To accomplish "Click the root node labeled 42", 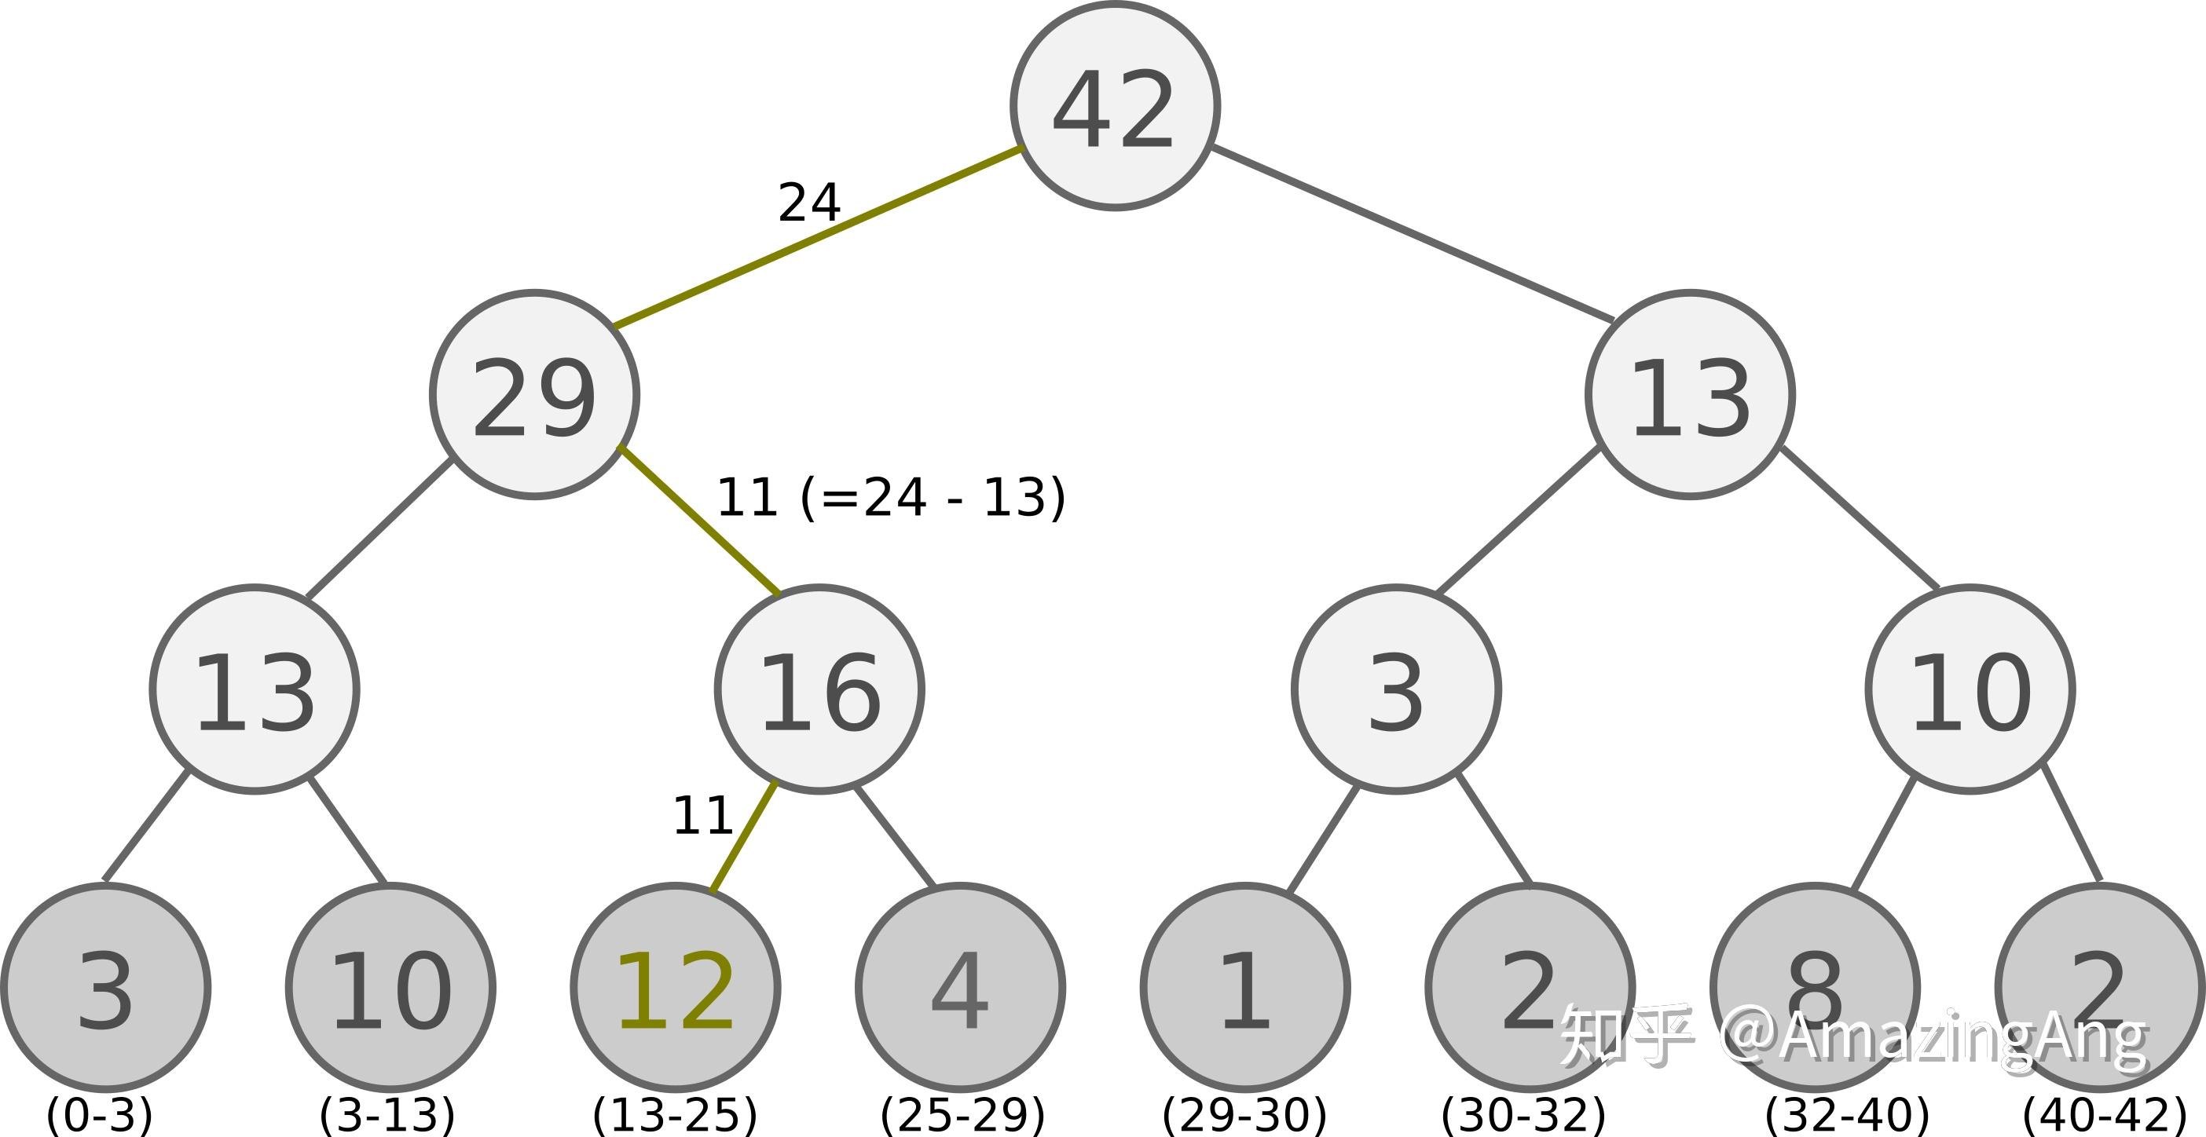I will point(1114,106).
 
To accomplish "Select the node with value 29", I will point(534,395).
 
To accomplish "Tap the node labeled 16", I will point(819,690).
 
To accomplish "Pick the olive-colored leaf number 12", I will point(675,988).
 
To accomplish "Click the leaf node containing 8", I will point(1815,988).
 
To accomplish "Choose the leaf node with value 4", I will point(960,988).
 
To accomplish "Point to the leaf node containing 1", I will point(1245,988).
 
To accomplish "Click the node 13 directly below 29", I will point(255,690).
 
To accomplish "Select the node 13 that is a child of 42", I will point(1690,395).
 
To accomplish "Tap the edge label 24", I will point(808,203).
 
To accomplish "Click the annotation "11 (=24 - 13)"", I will point(891,498).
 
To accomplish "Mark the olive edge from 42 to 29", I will point(818,237).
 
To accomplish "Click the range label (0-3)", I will point(99,1114).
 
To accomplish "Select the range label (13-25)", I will point(675,1114).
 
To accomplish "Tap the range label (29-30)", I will point(1244,1114).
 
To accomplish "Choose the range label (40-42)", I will point(2104,1114).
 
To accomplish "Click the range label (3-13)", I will point(387,1114).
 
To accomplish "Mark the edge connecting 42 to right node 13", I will point(1413,234).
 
